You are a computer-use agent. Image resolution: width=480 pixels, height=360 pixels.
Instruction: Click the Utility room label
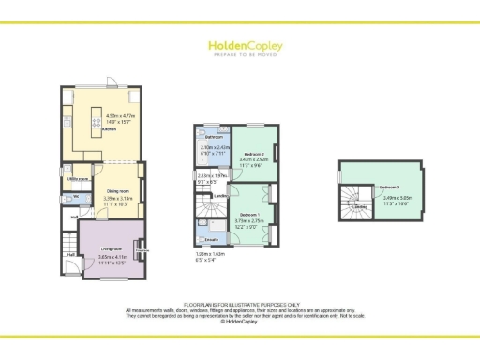click(x=78, y=178)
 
